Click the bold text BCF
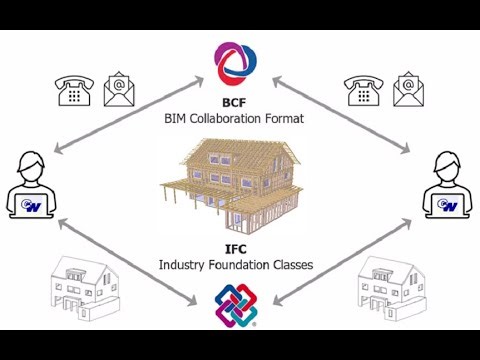[238, 103]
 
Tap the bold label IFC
[238, 249]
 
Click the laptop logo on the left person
[32, 206]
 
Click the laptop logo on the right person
[447, 206]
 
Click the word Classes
[292, 265]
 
